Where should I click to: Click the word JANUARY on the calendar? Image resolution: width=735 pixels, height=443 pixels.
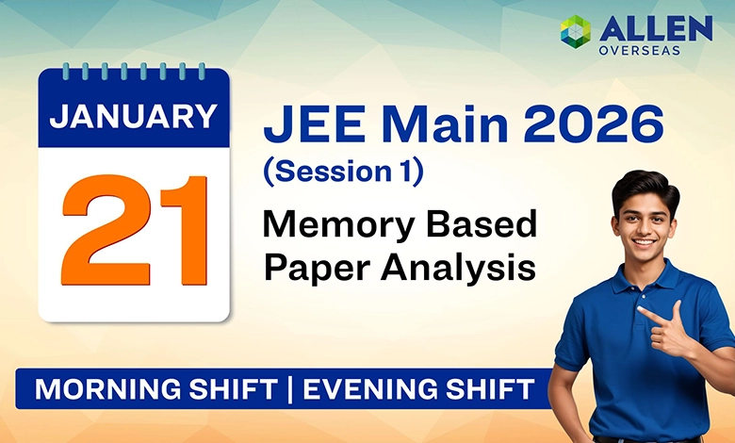coord(133,115)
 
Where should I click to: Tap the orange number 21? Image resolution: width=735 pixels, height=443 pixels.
coord(133,231)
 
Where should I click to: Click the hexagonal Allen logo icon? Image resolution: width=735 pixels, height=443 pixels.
coord(575,30)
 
